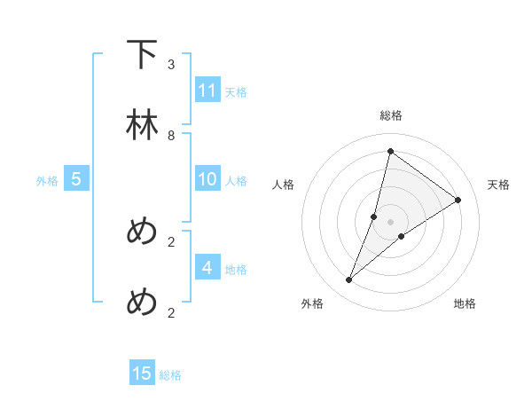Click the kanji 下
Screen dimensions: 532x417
pos(142,54)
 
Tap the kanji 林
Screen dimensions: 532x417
pos(142,126)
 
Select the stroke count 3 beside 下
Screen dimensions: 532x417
pos(170,65)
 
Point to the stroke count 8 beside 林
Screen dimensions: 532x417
pos(170,136)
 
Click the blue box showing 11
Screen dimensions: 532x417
pos(207,90)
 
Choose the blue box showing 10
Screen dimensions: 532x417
pos(207,179)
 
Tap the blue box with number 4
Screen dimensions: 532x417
pos(207,267)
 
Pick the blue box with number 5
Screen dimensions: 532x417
pos(76,179)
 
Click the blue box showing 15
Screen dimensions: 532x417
pos(142,374)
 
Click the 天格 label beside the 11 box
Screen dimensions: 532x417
pos(236,91)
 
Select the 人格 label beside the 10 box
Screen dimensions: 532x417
pos(236,181)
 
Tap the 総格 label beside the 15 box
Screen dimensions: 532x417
pos(170,375)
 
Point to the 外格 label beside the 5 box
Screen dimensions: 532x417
pos(47,181)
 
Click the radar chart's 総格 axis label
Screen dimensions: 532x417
pos(391,115)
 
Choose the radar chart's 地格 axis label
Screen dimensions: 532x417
pos(465,303)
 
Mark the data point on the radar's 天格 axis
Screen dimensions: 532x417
pos(458,200)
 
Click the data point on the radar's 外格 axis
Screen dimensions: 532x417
pos(349,280)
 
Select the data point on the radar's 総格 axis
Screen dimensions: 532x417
pos(390,151)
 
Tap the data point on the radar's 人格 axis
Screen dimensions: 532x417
pos(374,216)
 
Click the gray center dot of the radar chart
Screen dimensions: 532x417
pos(390,222)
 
